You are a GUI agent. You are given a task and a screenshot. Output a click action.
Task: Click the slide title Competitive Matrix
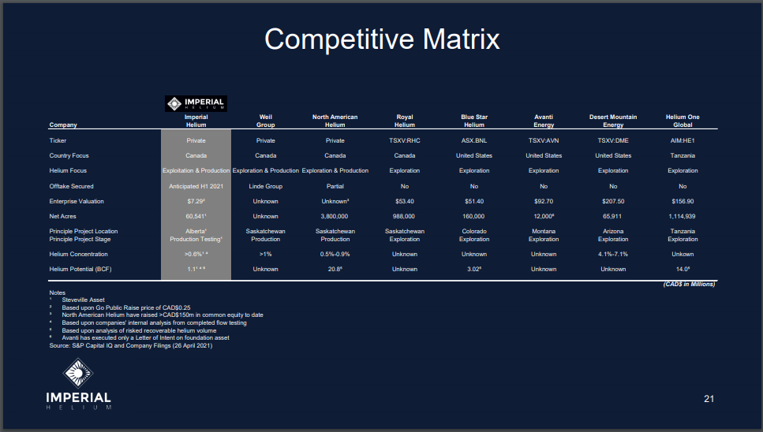pos(382,39)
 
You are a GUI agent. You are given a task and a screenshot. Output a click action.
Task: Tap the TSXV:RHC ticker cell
pos(404,140)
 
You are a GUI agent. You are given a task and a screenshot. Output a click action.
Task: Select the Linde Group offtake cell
pos(266,186)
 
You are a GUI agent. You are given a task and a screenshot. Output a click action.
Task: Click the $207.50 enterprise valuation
pos(613,201)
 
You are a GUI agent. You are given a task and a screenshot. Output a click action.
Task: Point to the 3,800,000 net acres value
pos(335,216)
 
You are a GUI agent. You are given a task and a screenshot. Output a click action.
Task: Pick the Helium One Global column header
pos(683,121)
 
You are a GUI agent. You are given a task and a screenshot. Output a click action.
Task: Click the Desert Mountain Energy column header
pos(613,121)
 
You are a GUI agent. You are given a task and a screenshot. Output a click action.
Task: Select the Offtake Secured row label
pos(72,186)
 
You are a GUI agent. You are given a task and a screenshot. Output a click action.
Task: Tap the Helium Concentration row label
pos(78,254)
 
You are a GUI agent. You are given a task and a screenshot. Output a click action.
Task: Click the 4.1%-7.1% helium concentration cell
pos(613,254)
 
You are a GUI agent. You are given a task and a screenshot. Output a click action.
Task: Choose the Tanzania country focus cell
pos(683,155)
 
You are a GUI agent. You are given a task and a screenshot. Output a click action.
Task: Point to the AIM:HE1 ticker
pos(683,140)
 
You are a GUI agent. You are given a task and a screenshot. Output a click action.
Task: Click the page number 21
pos(709,398)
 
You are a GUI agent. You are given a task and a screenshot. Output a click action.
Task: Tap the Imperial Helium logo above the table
pos(196,103)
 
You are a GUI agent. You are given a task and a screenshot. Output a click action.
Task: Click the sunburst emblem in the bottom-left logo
pos(78,373)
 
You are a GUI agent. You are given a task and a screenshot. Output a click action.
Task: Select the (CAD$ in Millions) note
pos(689,285)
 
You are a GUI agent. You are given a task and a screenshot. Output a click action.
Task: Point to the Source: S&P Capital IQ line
pos(131,345)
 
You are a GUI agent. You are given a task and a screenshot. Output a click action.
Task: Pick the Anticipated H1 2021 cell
pos(196,186)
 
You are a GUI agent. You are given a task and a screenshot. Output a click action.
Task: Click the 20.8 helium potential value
pos(335,269)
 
